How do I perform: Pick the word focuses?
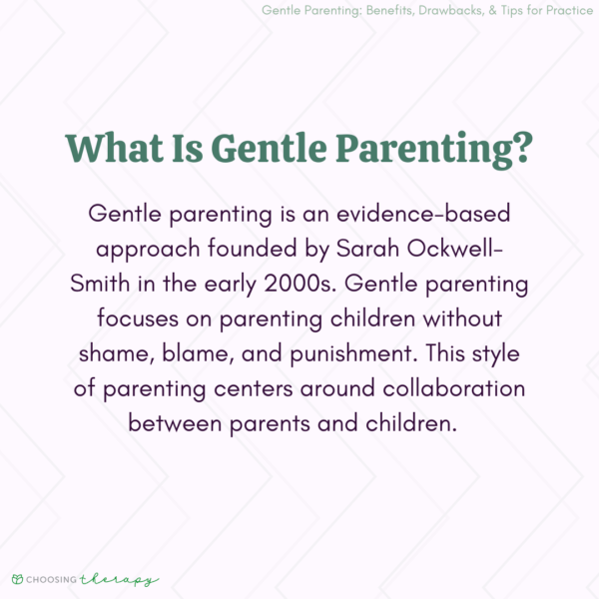[137, 319]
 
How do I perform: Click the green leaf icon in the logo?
[17, 579]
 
